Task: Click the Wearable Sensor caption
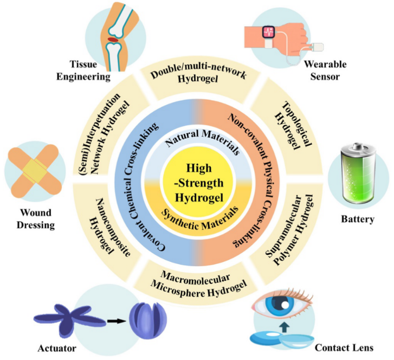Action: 324,70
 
